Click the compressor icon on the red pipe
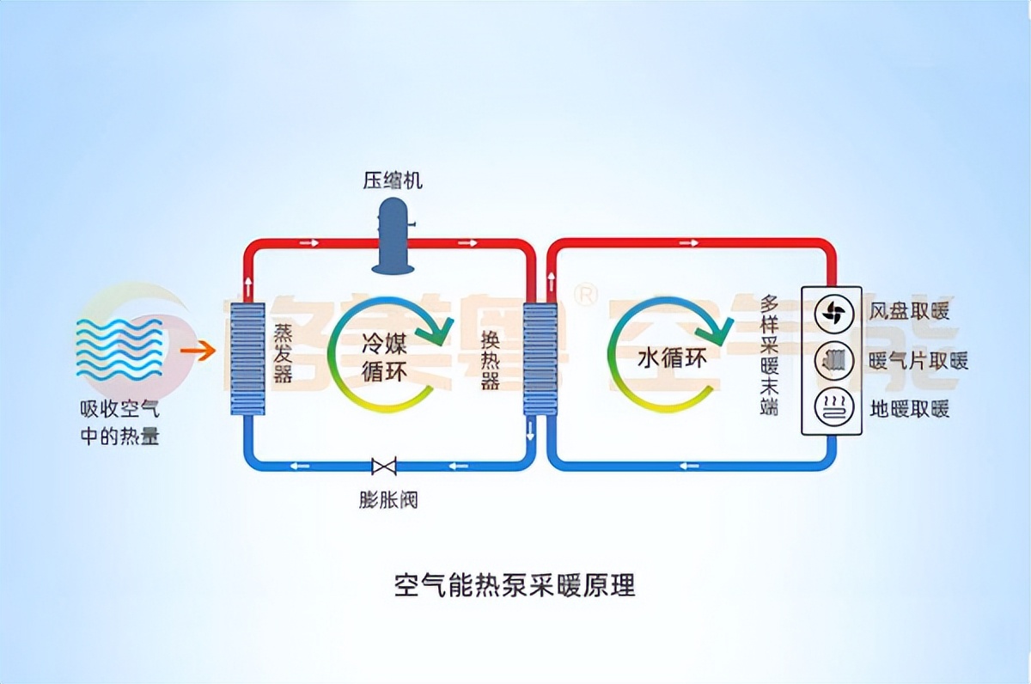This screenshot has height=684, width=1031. pos(393,235)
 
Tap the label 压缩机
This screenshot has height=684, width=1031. pos(392,180)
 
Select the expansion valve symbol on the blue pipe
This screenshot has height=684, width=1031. pos(383,467)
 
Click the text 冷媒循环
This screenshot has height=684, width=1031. pos(386,360)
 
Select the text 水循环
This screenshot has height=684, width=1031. pos(673,358)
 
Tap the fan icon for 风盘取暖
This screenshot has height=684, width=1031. pos(831,313)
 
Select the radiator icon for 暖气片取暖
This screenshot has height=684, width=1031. pos(831,360)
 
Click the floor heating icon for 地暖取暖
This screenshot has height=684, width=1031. pos(831,406)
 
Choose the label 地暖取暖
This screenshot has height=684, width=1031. pos(910,408)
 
